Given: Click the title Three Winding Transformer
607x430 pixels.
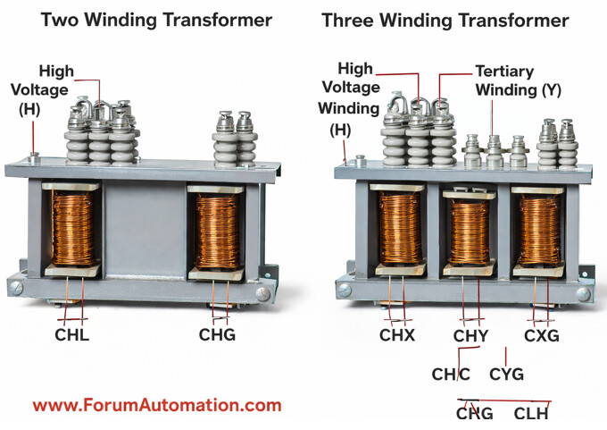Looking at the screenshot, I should pyautogui.click(x=445, y=21).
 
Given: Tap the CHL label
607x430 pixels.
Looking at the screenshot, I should pyautogui.click(x=72, y=336).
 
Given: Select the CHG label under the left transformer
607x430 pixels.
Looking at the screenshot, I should pyautogui.click(x=217, y=336).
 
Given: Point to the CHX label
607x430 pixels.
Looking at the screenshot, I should pyautogui.click(x=397, y=336).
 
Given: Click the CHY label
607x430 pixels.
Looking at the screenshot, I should pyautogui.click(x=470, y=336).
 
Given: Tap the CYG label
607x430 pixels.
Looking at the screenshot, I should pyautogui.click(x=506, y=374).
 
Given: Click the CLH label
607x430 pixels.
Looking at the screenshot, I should pyautogui.click(x=531, y=413).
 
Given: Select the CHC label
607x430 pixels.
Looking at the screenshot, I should pyautogui.click(x=451, y=374).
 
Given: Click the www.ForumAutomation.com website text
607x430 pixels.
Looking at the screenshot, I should pyautogui.click(x=157, y=405).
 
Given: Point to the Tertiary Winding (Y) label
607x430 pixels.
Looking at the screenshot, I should pyautogui.click(x=518, y=80).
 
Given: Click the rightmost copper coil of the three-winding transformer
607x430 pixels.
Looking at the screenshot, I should pyautogui.click(x=539, y=232).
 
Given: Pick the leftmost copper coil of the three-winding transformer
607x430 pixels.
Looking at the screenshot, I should pyautogui.click(x=399, y=230).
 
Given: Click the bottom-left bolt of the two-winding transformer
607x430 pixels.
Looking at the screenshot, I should pyautogui.click(x=16, y=287).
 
